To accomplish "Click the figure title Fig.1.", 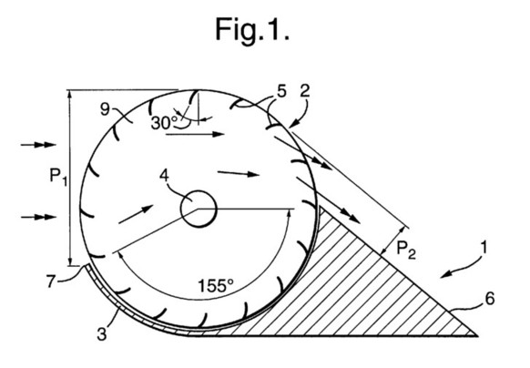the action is (252, 30).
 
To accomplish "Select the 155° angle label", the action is (215, 285).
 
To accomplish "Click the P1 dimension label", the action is (58, 177).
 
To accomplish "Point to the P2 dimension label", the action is (405, 250).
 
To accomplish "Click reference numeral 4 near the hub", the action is (164, 176).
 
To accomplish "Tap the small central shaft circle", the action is (199, 209).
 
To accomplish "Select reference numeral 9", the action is (105, 109).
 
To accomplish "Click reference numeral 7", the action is (51, 281).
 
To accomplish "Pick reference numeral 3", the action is (101, 333).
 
